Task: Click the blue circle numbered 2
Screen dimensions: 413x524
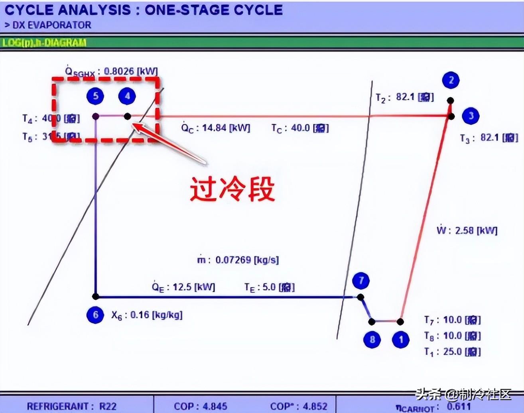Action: pyautogui.click(x=451, y=80)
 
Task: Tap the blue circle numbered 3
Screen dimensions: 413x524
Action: pyautogui.click(x=471, y=116)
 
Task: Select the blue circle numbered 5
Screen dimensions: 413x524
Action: pyautogui.click(x=96, y=96)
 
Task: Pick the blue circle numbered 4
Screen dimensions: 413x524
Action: pyautogui.click(x=127, y=96)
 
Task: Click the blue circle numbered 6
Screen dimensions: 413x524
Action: pyautogui.click(x=95, y=315)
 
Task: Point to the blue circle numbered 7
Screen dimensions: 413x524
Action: pyautogui.click(x=361, y=281)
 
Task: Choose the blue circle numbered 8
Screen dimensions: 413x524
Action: pyautogui.click(x=372, y=339)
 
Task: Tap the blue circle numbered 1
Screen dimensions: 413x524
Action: pyautogui.click(x=401, y=340)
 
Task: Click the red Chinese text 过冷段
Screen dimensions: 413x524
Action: pyautogui.click(x=232, y=189)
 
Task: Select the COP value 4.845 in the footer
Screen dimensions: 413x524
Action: pyautogui.click(x=215, y=406)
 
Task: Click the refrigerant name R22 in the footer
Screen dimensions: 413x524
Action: pyautogui.click(x=108, y=406)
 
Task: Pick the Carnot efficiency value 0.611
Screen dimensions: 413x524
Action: pyautogui.click(x=459, y=406)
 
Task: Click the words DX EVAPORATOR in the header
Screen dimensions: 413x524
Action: pyautogui.click(x=52, y=25)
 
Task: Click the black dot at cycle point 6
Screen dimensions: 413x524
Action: pyautogui.click(x=95, y=297)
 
